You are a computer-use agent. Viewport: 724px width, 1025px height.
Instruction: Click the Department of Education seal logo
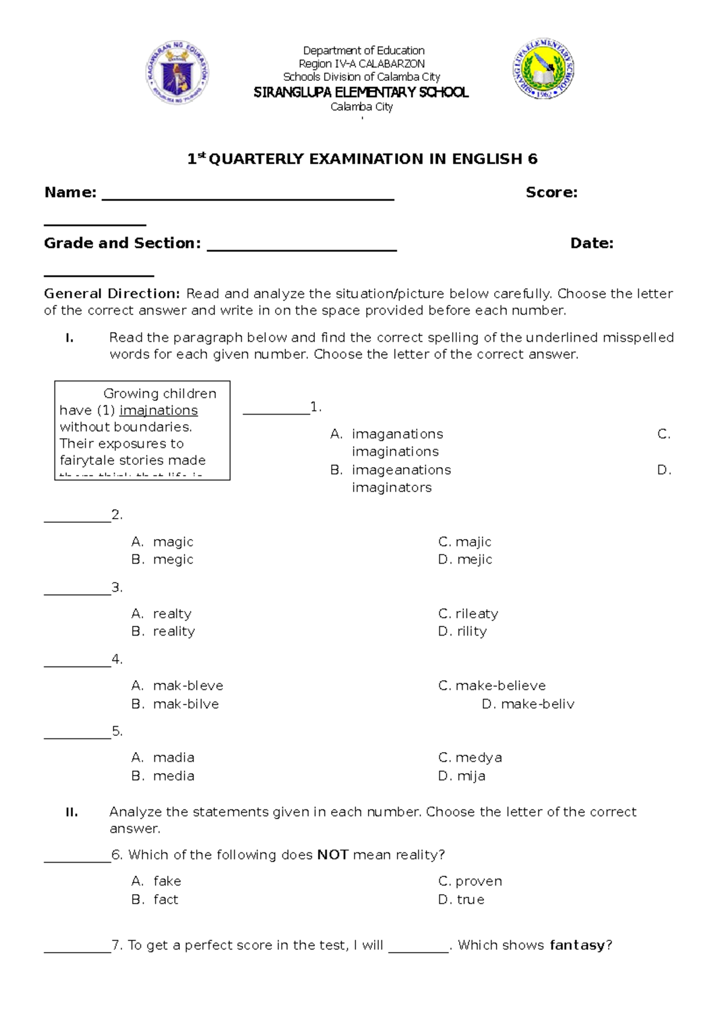178,73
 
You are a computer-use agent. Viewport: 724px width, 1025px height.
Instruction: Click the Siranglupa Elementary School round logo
544,68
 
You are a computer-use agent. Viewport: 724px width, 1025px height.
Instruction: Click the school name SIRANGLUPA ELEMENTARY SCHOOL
361,92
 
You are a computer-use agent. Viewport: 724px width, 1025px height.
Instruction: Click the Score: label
551,193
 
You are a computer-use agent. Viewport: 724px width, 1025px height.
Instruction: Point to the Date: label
592,243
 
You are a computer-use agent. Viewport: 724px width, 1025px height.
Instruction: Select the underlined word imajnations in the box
159,410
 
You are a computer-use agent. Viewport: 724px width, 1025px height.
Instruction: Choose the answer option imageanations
401,470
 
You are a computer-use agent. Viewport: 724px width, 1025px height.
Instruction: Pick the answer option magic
173,542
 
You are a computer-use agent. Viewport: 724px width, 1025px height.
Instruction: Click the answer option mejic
474,560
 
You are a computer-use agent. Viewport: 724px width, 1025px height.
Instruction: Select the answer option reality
174,631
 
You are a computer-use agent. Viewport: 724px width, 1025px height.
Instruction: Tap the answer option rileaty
477,614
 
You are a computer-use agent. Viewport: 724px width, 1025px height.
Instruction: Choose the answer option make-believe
500,686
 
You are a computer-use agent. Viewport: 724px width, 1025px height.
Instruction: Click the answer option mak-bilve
186,704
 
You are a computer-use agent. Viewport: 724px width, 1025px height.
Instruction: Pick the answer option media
174,776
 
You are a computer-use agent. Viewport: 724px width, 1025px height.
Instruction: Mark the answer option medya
478,758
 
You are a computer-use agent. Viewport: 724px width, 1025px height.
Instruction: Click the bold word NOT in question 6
332,855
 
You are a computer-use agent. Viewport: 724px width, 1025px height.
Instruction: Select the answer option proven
478,881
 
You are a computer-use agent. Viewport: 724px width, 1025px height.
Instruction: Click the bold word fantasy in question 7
577,945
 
